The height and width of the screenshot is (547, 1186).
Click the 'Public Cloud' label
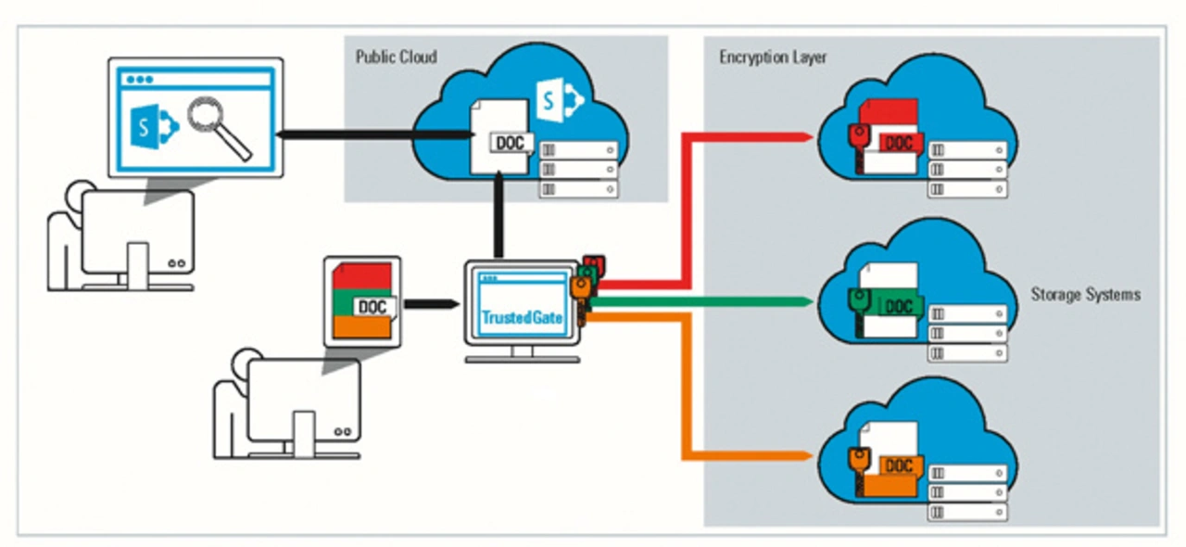click(x=396, y=57)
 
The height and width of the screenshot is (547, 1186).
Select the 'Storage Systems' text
click(x=1085, y=295)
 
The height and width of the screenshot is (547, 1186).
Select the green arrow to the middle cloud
click(x=704, y=301)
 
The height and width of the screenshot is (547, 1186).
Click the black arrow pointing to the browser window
click(x=371, y=135)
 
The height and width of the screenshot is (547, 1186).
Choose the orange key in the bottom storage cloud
click(x=858, y=463)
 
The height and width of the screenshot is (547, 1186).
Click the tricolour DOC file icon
click(x=361, y=302)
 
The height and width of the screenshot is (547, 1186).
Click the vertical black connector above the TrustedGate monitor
click(x=498, y=218)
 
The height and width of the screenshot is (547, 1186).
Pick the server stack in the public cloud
click(x=579, y=170)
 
